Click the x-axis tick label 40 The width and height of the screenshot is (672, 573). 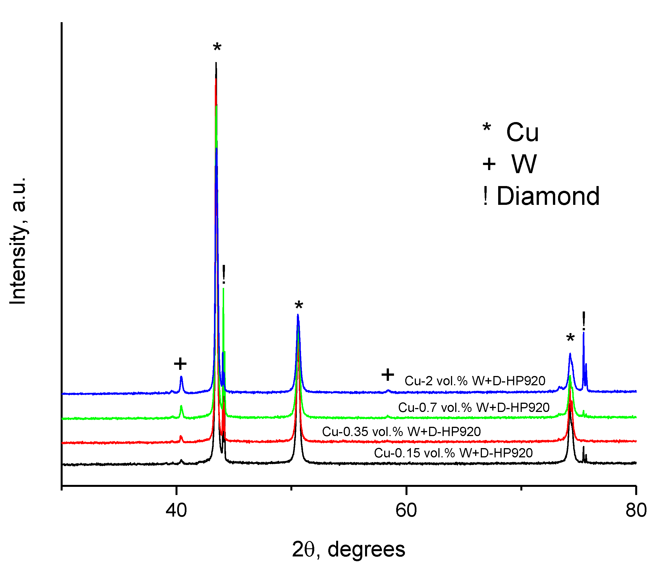click(176, 510)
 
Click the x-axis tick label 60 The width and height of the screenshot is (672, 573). click(406, 510)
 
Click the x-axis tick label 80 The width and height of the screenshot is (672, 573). click(636, 510)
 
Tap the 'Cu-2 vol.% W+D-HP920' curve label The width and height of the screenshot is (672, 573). click(475, 381)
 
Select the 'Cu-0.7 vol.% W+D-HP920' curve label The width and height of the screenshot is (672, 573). click(473, 407)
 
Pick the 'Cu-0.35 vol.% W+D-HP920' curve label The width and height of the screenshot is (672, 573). click(401, 431)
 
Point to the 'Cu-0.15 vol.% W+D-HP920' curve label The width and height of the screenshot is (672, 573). click(453, 453)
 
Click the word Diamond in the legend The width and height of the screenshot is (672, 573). click(548, 196)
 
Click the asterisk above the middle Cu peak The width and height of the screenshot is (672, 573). click(299, 306)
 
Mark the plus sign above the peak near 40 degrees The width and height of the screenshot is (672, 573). click(180, 364)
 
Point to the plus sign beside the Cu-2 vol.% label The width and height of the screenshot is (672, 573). click(388, 375)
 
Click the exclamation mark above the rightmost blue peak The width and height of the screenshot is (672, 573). click(584, 321)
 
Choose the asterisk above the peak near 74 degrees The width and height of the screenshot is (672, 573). click(570, 339)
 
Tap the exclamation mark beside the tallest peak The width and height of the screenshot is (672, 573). click(224, 274)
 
